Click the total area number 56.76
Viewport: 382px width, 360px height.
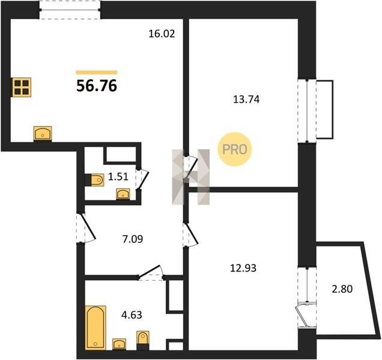97,86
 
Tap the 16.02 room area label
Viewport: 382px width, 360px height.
162,34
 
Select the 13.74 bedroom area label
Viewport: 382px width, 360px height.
246,100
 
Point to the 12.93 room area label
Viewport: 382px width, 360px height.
243,268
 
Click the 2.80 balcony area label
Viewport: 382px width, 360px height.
342,289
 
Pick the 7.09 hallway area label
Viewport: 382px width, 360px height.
133,239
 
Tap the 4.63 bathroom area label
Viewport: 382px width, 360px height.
132,315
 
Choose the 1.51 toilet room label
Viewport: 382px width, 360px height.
118,177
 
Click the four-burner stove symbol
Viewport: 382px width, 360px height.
22,87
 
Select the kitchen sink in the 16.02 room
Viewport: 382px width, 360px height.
43,134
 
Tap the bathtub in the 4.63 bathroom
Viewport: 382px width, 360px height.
95,328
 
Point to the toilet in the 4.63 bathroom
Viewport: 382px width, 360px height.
143,340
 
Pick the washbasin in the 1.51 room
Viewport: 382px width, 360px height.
123,194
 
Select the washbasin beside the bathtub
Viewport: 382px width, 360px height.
119,344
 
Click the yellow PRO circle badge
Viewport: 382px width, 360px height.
234,149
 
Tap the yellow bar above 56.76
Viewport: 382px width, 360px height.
97,72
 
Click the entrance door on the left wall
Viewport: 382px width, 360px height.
85,229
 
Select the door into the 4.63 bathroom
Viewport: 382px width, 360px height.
151,272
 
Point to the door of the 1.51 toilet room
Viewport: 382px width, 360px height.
142,179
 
